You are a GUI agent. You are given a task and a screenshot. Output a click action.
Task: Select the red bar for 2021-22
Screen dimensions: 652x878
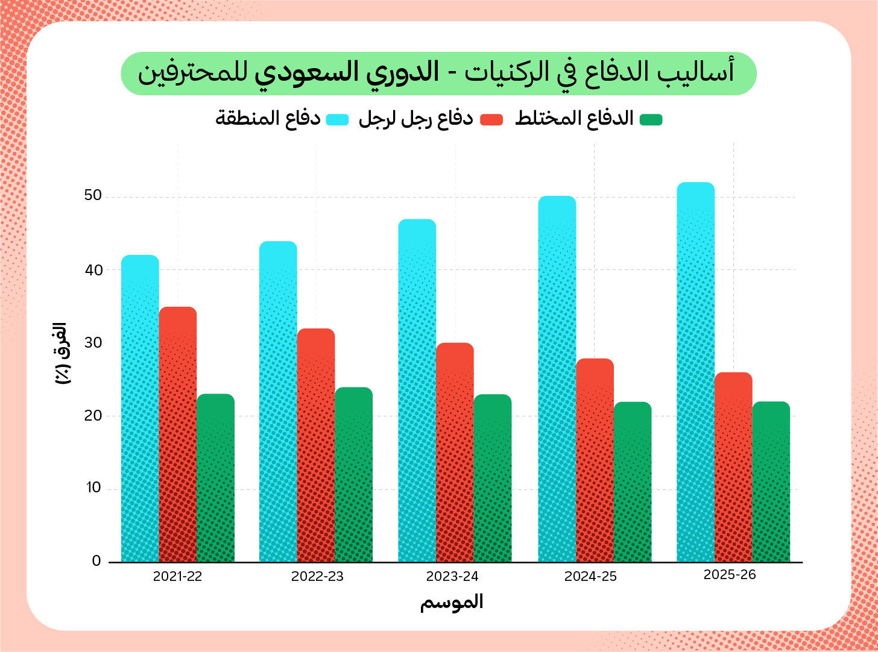[178, 434]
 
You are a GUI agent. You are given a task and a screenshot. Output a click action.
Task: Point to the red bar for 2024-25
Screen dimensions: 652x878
[595, 460]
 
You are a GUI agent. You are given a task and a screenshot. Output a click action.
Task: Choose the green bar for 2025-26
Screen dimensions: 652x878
[771, 482]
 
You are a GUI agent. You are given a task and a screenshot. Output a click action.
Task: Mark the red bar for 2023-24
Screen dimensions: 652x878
[455, 453]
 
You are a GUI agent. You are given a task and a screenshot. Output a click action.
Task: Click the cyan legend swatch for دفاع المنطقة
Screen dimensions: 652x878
[338, 119]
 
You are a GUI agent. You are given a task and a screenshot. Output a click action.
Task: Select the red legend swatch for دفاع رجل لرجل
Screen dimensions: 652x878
[491, 119]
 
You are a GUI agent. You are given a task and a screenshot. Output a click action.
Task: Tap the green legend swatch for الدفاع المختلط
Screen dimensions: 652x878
[651, 119]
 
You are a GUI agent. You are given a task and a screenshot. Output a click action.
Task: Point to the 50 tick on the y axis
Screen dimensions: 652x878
[93, 196]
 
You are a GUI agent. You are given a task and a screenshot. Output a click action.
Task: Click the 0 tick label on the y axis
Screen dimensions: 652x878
[96, 561]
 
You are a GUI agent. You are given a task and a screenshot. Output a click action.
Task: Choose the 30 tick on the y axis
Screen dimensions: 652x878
[93, 342]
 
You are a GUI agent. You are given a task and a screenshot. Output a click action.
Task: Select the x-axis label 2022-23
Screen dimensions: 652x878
[317, 577]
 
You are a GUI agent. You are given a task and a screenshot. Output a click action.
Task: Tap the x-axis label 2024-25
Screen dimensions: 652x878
[590, 577]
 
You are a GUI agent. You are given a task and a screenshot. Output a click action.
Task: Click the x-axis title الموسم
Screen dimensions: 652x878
[452, 602]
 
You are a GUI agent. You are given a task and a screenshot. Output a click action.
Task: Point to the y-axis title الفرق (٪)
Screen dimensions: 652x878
[63, 354]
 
